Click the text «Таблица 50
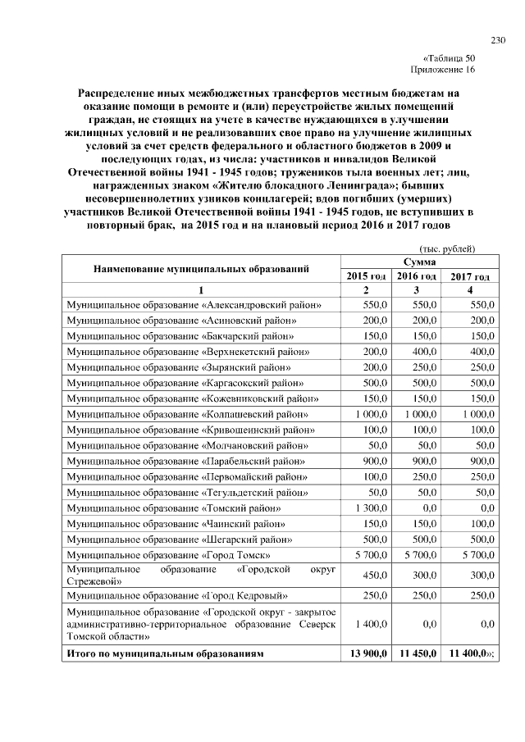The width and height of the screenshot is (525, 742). (x=449, y=58)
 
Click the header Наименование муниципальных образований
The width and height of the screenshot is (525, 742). (x=201, y=268)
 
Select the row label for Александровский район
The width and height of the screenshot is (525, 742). (x=194, y=305)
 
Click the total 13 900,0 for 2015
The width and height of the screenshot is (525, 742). (x=368, y=653)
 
